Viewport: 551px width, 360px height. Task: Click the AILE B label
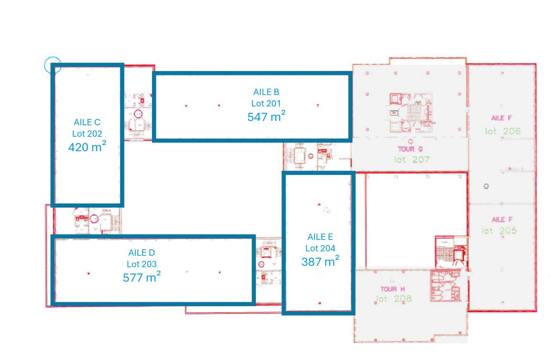[x=266, y=92]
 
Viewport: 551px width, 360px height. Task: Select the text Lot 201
[x=266, y=103]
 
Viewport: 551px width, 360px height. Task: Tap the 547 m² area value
[x=266, y=116]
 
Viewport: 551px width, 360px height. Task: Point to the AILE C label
[x=87, y=123]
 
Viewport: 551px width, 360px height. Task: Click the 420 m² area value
[x=87, y=147]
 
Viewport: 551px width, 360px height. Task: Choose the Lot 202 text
[x=87, y=134]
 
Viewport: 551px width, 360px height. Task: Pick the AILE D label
[x=142, y=253]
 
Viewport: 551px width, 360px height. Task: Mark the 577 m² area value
[x=142, y=277]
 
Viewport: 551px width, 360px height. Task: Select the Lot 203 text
[x=142, y=264]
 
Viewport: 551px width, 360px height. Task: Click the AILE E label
[x=320, y=237]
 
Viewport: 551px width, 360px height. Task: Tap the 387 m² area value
[x=320, y=261]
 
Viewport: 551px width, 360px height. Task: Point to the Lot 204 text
[x=320, y=248]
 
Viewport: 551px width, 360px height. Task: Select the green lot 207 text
[x=412, y=160]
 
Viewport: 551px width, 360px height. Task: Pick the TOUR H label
[x=392, y=289]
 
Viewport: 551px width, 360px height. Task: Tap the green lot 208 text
[x=393, y=299]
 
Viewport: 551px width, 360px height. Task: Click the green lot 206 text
[x=503, y=131]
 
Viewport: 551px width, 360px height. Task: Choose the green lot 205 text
[x=499, y=231]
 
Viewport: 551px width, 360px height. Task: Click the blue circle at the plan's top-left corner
[x=53, y=65]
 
